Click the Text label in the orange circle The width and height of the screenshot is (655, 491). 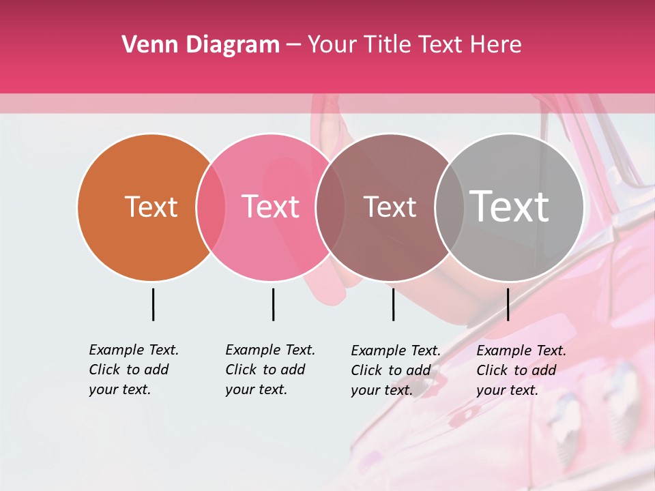(151, 207)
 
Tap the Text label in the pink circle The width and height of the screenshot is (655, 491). (271, 207)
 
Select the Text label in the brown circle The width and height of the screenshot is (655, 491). (390, 207)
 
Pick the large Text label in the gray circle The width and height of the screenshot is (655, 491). (510, 206)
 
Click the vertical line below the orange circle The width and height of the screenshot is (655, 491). (153, 304)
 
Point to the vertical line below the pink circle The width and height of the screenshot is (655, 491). (273, 304)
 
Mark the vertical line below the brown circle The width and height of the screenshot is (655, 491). (393, 304)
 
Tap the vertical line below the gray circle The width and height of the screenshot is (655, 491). (508, 304)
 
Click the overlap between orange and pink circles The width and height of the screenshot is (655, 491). (210, 207)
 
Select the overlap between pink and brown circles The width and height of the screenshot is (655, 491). (330, 207)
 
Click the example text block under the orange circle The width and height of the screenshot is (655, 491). (134, 370)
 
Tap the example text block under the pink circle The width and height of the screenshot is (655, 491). (270, 370)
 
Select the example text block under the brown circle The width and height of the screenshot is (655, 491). (396, 370)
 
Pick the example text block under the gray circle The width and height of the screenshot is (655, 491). (521, 370)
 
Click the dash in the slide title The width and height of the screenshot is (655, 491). (293, 45)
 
